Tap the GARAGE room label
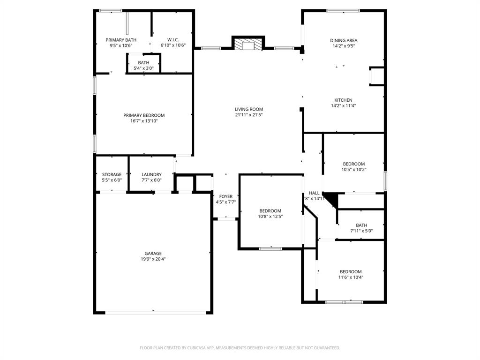(153, 254)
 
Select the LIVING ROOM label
(249, 109)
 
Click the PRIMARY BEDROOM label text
(144, 115)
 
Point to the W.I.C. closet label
(173, 40)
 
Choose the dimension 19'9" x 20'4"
(153, 259)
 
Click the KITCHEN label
(343, 100)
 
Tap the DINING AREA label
(344, 40)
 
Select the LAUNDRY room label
(151, 174)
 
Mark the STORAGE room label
(112, 174)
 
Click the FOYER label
(225, 196)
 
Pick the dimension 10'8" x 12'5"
(270, 217)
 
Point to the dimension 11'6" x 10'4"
(351, 277)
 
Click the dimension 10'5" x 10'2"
(354, 170)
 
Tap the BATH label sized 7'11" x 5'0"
(361, 225)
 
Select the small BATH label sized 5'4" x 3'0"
(143, 63)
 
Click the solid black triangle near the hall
(332, 199)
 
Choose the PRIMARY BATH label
(121, 40)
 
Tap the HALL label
(314, 193)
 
